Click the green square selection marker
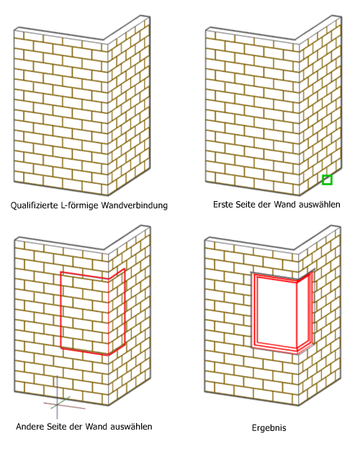[x=327, y=180]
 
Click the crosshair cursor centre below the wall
[x=57, y=404]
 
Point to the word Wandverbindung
[x=135, y=205]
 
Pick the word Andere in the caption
[x=29, y=427]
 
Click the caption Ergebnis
[x=269, y=428]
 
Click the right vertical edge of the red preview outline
[x=125, y=307]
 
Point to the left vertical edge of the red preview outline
[x=61, y=310]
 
